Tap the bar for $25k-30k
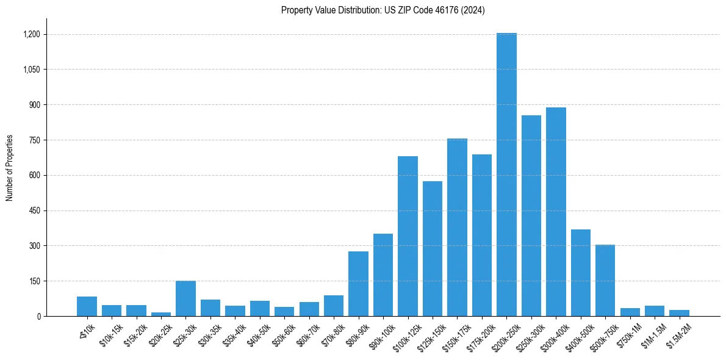click(x=185, y=299)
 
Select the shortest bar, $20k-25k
click(x=161, y=314)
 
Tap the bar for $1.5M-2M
click(x=679, y=313)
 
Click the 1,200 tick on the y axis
click(x=31, y=34)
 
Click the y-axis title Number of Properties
click(x=10, y=168)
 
